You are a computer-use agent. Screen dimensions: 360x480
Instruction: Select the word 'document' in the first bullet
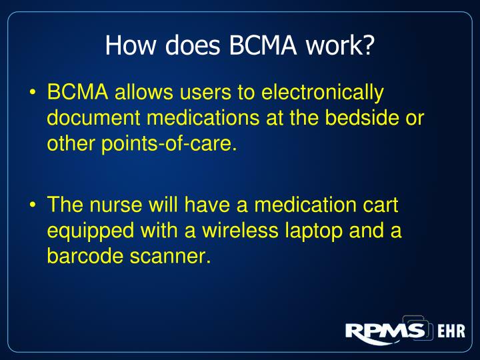pos(90,118)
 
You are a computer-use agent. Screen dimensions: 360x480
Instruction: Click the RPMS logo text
pos(385,331)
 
